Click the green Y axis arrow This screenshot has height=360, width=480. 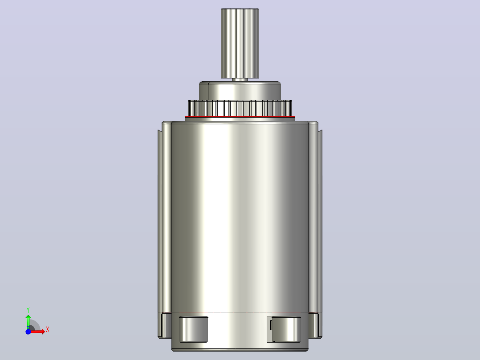(28, 321)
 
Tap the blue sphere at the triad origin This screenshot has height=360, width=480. (28, 331)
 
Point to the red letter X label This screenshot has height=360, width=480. (48, 330)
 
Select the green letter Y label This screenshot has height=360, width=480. (28, 310)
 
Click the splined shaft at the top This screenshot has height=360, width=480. (240, 44)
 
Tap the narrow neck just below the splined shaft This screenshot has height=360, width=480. (240, 80)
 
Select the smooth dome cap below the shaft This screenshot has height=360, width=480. (240, 91)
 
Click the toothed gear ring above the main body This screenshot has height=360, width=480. (240, 108)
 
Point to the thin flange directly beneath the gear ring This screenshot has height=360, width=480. (240, 119)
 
